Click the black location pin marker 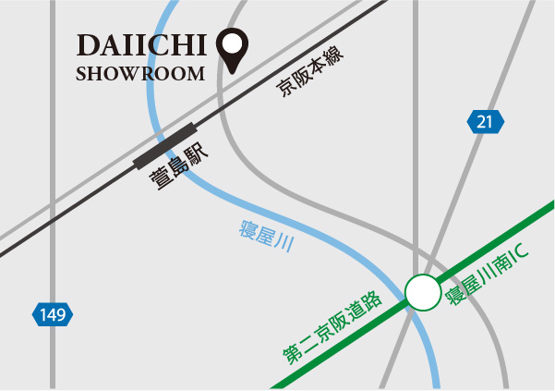tap(232, 50)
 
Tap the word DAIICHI tap(142, 45)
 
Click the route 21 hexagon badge tap(486, 121)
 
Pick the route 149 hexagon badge tap(52, 315)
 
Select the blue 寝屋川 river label tap(265, 235)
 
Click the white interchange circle tap(423, 294)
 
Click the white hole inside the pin tap(232, 43)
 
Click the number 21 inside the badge tap(486, 121)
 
